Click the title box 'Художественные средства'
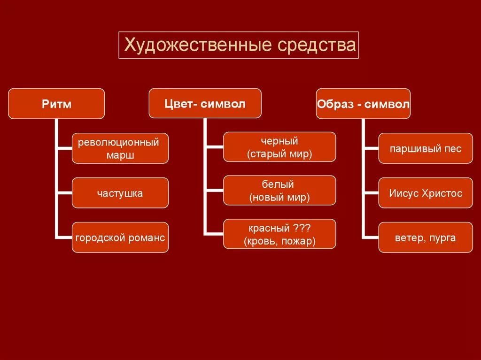pyautogui.click(x=238, y=45)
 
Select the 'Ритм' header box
pyautogui.click(x=56, y=103)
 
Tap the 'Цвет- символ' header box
pyautogui.click(x=205, y=103)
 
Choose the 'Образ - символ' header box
pyautogui.click(x=363, y=103)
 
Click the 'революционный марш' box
pyautogui.click(x=120, y=148)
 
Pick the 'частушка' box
pyautogui.click(x=120, y=193)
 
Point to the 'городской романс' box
pyautogui.click(x=120, y=237)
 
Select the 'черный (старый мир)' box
pyautogui.click(x=279, y=147)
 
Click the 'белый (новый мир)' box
pyautogui.click(x=279, y=191)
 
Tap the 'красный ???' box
pyautogui.click(x=279, y=234)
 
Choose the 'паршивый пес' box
pyautogui.click(x=426, y=149)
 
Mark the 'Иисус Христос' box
pyautogui.click(x=426, y=193)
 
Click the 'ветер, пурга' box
pyautogui.click(x=426, y=237)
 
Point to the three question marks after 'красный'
pyautogui.click(x=302, y=228)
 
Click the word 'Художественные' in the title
pyautogui.click(x=197, y=46)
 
